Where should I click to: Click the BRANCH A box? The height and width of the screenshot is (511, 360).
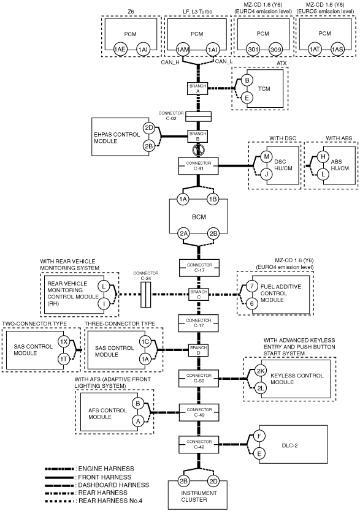(197, 89)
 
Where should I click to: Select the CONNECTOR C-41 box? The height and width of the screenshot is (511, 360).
(198, 166)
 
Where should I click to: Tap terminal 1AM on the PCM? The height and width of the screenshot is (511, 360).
(183, 50)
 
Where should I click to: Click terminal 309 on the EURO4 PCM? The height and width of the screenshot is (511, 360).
(275, 50)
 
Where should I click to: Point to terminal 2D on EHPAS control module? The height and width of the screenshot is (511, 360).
(149, 127)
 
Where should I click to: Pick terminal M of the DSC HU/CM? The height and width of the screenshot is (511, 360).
(266, 156)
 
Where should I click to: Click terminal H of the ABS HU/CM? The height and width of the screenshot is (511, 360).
(323, 156)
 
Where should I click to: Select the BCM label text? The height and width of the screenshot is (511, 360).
(199, 217)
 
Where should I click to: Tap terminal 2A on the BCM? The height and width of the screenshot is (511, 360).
(183, 233)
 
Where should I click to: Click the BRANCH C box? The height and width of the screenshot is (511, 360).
(198, 294)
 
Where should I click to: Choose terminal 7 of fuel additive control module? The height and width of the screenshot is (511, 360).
(251, 287)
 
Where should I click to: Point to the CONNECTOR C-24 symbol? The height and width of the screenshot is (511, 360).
(146, 295)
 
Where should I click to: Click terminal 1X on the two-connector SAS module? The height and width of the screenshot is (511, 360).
(63, 342)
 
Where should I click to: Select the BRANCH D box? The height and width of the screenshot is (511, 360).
(198, 350)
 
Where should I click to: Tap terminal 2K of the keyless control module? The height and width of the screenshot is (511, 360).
(261, 371)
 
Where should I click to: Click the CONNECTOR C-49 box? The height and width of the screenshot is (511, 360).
(199, 412)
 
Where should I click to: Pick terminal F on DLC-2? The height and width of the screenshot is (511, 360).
(259, 436)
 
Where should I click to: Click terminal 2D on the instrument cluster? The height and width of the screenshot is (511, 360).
(213, 482)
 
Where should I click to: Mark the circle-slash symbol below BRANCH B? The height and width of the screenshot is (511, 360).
(198, 150)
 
